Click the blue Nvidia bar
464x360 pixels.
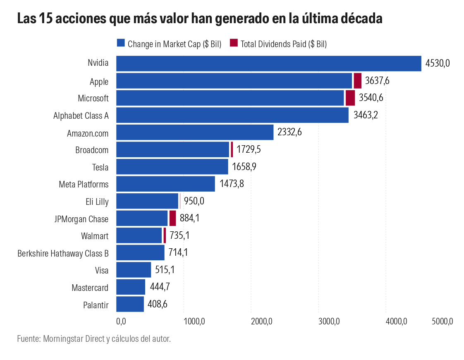[269, 63]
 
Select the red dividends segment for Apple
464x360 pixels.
[357, 81]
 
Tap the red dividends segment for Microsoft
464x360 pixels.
[350, 98]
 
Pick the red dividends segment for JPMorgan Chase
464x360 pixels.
[172, 218]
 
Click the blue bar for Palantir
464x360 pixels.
[130, 304]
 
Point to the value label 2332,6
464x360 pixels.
[289, 132]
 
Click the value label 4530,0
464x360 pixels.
[438, 63]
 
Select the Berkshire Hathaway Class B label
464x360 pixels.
[63, 253]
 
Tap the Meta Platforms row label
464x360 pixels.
[84, 185]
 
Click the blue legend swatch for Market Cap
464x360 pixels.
[121, 43]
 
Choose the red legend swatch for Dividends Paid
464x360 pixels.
[234, 43]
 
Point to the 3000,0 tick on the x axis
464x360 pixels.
[329, 321]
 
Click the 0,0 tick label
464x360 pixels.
[121, 321]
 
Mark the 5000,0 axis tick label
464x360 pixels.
[442, 321]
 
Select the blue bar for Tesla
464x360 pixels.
[172, 167]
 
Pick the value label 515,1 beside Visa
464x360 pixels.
[165, 270]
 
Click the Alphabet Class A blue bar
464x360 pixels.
[232, 115]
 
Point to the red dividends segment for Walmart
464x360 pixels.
[165, 235]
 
